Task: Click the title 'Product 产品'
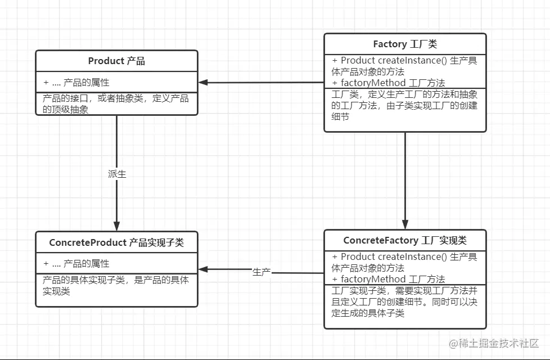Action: pos(116,61)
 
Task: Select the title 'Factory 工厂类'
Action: pos(405,44)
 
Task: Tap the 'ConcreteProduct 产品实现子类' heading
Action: pos(116,242)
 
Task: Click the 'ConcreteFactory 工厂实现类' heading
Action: pos(405,240)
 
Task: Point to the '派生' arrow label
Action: pos(117,174)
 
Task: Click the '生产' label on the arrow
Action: pos(262,272)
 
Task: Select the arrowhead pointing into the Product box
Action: pos(204,82)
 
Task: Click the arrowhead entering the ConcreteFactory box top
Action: pos(405,224)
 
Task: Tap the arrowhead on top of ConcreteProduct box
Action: pos(117,226)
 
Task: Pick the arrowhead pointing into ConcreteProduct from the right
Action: pos(204,269)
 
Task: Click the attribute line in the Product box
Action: pos(76,82)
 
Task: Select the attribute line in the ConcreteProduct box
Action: pos(76,263)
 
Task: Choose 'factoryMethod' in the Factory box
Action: pos(373,83)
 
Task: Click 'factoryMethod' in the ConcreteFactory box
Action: pos(373,279)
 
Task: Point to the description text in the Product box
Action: pos(116,104)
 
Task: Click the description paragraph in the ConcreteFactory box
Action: pos(404,301)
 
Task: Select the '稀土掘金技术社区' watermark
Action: pos(493,343)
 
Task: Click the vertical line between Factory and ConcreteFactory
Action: pos(405,174)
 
